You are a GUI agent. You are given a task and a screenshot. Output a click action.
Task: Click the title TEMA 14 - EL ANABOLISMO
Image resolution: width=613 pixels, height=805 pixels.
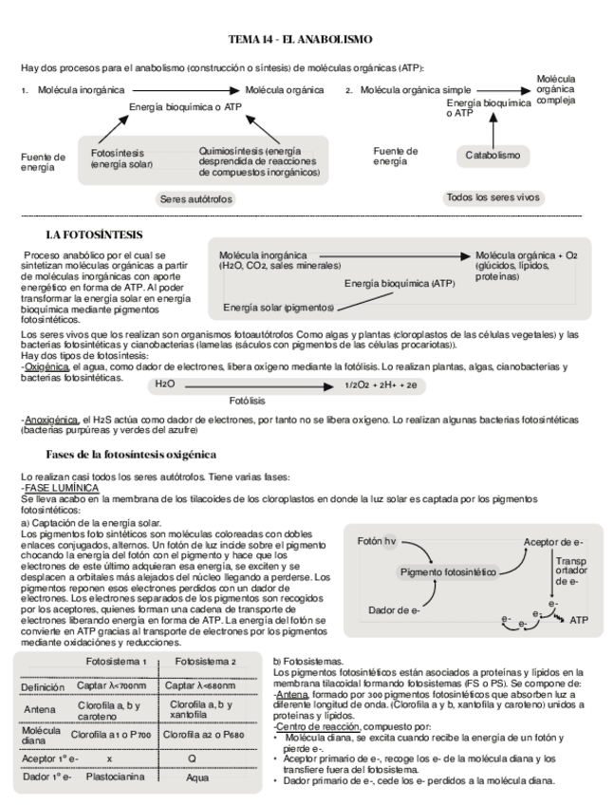(307, 39)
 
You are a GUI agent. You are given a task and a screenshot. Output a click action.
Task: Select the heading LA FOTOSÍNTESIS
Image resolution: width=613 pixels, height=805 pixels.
(94, 234)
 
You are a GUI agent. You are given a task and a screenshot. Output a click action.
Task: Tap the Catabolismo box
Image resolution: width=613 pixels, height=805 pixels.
(492, 154)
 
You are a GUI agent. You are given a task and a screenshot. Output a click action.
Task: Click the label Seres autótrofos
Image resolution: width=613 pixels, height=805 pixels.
(195, 199)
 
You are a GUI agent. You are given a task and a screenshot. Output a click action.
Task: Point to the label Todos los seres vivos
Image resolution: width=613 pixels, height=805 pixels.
(491, 197)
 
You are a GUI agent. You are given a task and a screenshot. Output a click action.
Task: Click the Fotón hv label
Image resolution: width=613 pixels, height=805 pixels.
(378, 541)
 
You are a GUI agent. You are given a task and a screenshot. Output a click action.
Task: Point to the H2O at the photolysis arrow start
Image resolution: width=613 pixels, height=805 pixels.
(166, 384)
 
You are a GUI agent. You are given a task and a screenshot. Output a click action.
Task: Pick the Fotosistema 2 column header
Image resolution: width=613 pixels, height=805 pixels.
(206, 662)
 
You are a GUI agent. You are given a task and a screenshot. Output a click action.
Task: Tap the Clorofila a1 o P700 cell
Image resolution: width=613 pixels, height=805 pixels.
(114, 734)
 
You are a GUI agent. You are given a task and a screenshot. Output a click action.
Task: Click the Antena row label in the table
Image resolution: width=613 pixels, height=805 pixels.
(40, 709)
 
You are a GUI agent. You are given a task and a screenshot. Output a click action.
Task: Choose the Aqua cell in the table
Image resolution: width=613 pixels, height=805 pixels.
(206, 777)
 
